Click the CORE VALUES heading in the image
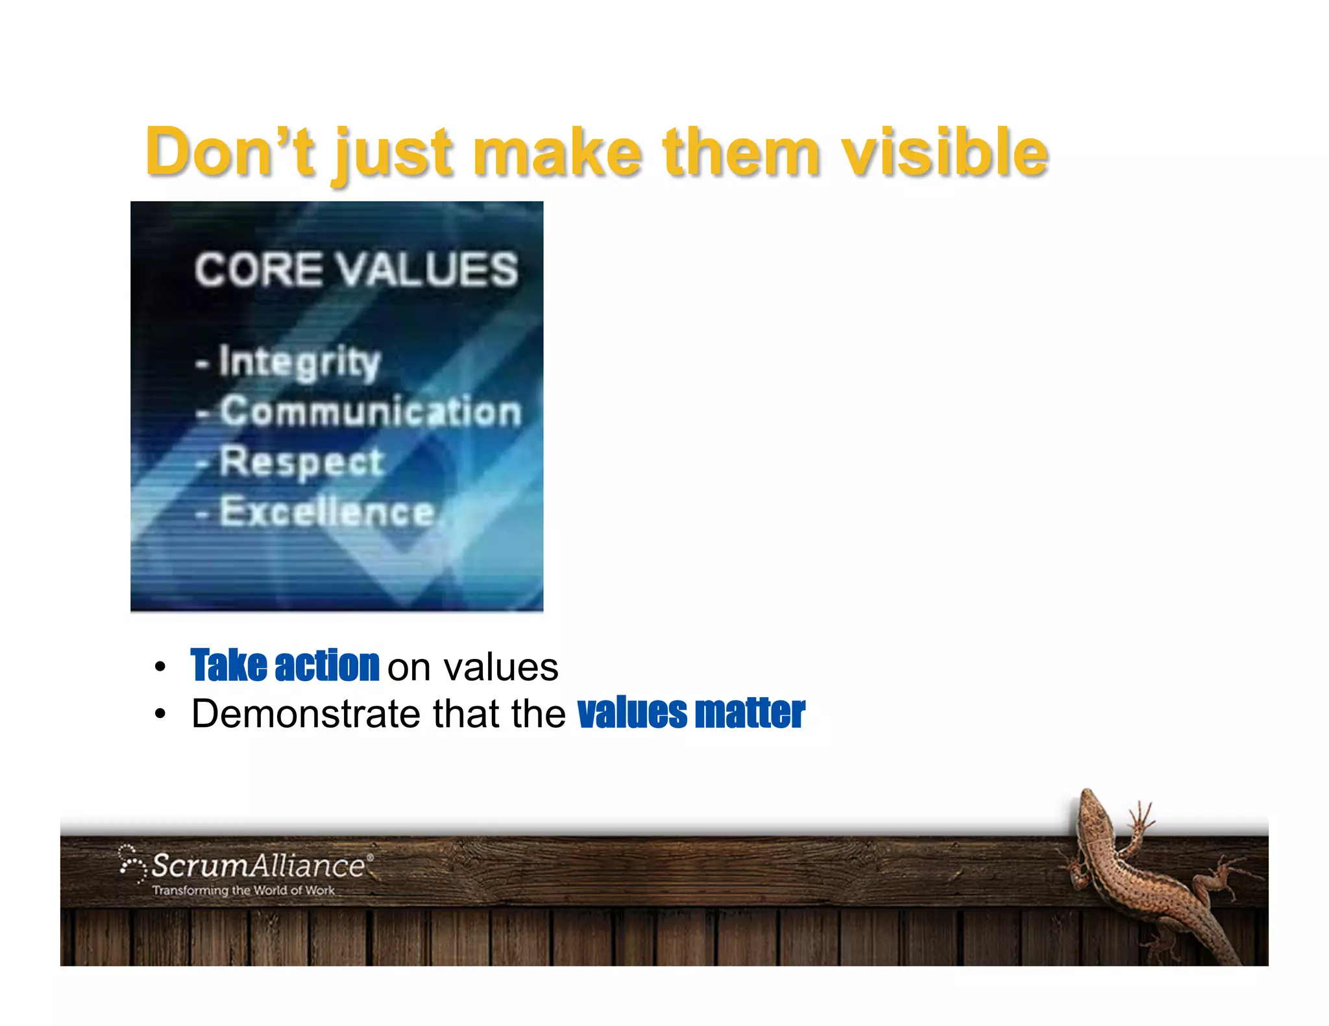point(356,269)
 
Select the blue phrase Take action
point(285,666)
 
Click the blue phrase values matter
point(691,713)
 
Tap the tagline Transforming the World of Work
point(243,890)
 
